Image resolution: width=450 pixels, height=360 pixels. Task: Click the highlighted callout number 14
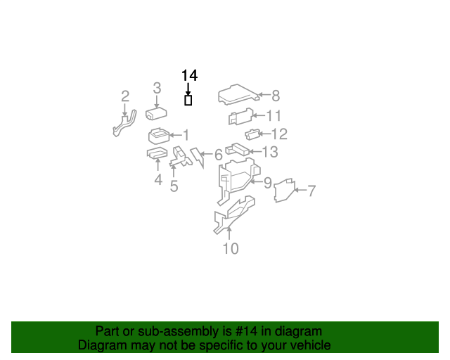189,75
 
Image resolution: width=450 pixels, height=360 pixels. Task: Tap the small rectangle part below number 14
188,101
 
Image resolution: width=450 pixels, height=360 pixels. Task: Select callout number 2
124,96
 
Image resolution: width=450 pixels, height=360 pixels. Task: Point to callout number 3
157,88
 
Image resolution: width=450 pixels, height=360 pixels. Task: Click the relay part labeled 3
155,113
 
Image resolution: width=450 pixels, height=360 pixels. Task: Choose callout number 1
186,135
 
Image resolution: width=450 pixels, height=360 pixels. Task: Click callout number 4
158,180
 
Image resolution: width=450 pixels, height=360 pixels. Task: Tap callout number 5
174,186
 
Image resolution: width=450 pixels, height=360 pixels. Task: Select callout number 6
218,155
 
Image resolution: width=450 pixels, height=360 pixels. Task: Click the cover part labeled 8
237,94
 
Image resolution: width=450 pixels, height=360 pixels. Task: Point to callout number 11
274,115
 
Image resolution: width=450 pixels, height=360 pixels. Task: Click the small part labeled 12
250,134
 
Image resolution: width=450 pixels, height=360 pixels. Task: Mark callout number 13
270,152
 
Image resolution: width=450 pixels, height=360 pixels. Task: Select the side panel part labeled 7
283,191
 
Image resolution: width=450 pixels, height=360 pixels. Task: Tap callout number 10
231,248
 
